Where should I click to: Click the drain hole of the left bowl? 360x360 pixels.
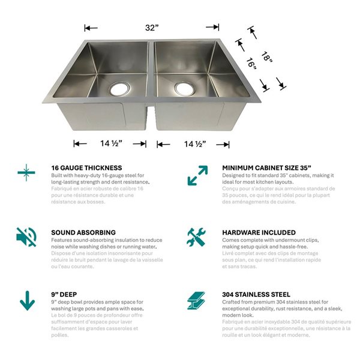pyautogui.click(x=119, y=89)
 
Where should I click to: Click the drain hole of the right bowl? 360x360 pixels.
pyautogui.click(x=185, y=89)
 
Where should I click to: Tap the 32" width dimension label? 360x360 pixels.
pyautogui.click(x=152, y=28)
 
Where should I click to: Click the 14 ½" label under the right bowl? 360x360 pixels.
pyautogui.click(x=193, y=144)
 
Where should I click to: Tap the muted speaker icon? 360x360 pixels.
pyautogui.click(x=26, y=237)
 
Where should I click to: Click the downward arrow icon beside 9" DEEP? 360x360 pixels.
pyautogui.click(x=27, y=300)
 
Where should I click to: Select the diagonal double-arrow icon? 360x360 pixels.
pyautogui.click(x=197, y=175)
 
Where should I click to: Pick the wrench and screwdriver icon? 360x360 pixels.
pyautogui.click(x=196, y=237)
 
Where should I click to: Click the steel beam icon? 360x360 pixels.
pyautogui.click(x=196, y=300)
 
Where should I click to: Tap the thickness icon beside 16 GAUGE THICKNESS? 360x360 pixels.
pyautogui.click(x=26, y=173)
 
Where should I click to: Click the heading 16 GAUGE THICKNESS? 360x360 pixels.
pyautogui.click(x=86, y=168)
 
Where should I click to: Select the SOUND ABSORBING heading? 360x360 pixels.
pyautogui.click(x=83, y=232)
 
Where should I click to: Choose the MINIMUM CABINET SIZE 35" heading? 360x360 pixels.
pyautogui.click(x=266, y=168)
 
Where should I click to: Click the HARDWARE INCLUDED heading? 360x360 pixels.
pyautogui.click(x=259, y=232)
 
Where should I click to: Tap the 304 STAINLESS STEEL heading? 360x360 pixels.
pyautogui.click(x=256, y=295)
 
